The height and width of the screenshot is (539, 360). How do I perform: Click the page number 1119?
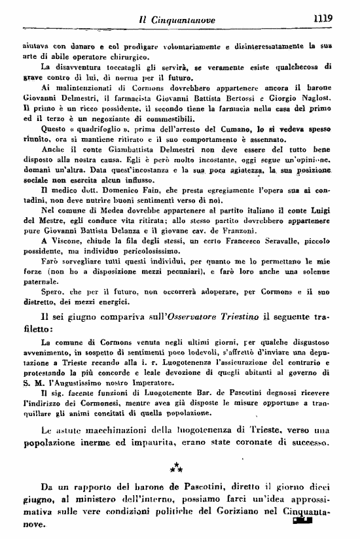[323, 18]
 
